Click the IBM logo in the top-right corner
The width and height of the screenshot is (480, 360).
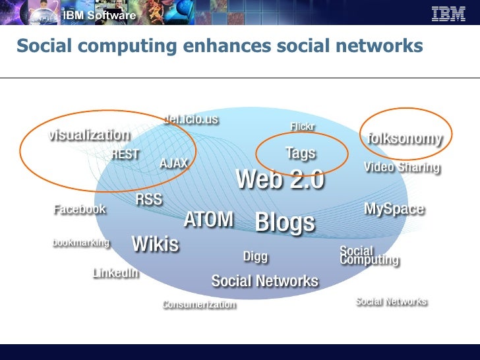coord(448,13)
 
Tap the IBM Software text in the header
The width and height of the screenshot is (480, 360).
coord(100,15)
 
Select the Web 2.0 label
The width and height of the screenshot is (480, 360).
coord(280,179)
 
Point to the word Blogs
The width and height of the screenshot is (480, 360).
coord(285,222)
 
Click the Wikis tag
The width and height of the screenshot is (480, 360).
coord(156,244)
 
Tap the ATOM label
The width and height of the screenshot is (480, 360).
coord(208,219)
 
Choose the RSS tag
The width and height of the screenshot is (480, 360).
coord(149,200)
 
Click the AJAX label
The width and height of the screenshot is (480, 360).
coord(174,164)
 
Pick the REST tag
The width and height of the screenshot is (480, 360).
coord(125,154)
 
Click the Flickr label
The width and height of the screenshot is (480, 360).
coord(303,126)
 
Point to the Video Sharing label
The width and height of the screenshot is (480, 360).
coord(402,167)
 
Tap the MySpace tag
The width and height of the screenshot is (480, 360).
coord(394,209)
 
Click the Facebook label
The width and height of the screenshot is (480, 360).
coord(80,209)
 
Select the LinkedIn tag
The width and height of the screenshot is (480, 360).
coord(116,272)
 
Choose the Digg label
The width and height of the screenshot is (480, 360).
coord(256,256)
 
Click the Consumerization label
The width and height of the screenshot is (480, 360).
coord(199,304)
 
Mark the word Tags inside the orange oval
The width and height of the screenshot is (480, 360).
coord(301,153)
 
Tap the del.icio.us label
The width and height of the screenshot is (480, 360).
coord(191,119)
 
